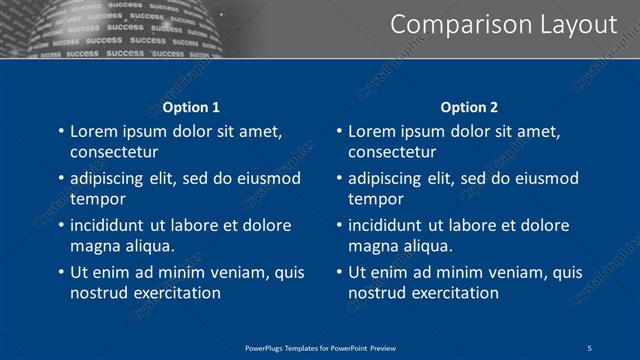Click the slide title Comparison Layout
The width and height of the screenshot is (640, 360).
502,24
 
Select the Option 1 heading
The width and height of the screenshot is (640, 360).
190,107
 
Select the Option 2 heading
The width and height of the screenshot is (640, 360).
468,107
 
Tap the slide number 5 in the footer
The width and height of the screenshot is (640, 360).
590,347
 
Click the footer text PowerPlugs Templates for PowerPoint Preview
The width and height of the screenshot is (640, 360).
320,347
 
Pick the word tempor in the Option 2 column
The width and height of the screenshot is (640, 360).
372,199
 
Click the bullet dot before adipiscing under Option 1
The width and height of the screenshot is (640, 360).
60,178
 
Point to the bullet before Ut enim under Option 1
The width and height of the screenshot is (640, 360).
60,272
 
